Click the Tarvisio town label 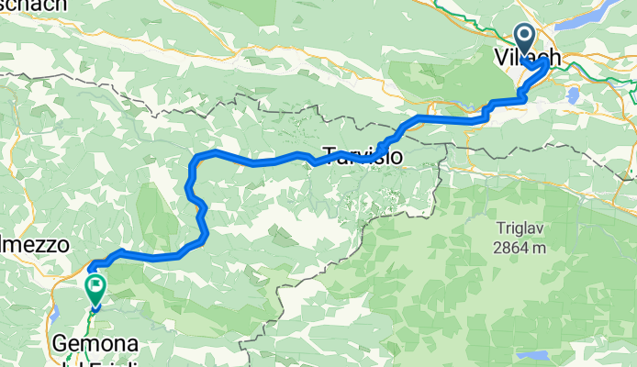pos(363,157)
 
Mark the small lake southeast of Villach pos(573,94)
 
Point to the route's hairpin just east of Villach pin pos(549,64)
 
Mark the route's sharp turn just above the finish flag pos(91,268)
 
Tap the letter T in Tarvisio pos(328,157)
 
